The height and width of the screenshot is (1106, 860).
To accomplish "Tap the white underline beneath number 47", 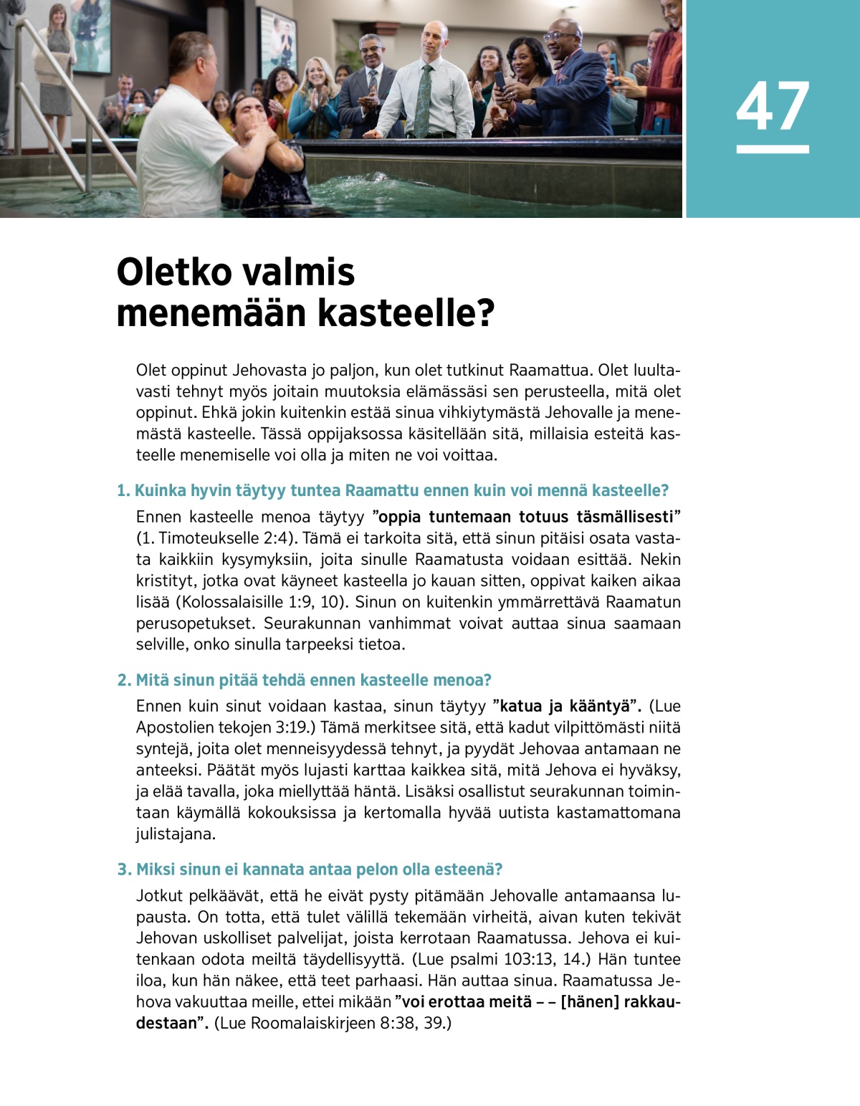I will tap(772, 149).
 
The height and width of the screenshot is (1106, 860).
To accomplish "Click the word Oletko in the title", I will tap(173, 272).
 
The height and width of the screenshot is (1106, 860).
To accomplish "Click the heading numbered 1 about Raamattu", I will tap(393, 490).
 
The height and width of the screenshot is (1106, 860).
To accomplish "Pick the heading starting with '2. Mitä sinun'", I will tap(305, 680).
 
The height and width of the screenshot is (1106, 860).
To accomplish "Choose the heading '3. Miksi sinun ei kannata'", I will tap(310, 869).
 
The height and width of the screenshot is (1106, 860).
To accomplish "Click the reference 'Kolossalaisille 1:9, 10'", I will tap(262, 601).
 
